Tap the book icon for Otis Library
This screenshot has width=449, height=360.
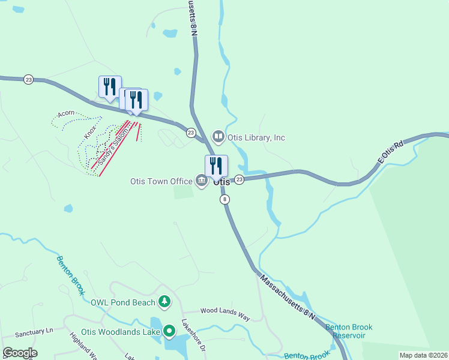click(x=218, y=137)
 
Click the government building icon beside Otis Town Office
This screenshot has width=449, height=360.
click(x=201, y=180)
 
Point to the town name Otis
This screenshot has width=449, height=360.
click(x=221, y=182)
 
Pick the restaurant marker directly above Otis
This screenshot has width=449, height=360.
click(x=216, y=166)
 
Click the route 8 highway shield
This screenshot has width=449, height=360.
click(x=224, y=199)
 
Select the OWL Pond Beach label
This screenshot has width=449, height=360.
click(x=123, y=302)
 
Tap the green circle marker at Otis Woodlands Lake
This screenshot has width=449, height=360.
click(x=170, y=330)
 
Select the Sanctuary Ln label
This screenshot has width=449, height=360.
click(x=35, y=332)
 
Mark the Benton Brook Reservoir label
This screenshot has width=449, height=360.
click(x=349, y=331)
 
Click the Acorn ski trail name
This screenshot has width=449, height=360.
click(x=66, y=113)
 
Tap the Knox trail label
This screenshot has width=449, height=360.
click(x=91, y=132)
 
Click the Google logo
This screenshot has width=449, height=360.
click(x=20, y=353)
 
